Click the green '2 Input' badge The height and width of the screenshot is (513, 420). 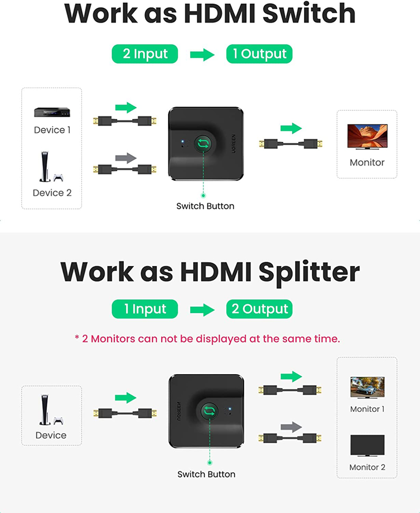coord(145,54)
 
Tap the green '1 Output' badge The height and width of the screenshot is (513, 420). coord(259,54)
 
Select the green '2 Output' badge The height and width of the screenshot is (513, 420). coord(259,309)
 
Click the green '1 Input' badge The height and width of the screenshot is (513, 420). coord(145,309)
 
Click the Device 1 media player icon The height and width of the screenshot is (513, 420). coord(52,112)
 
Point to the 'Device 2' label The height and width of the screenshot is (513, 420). coord(52,193)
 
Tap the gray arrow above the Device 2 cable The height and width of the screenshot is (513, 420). coord(126,158)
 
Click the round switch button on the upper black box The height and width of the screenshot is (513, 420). coord(203,143)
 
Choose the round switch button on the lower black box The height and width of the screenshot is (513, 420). coord(209,411)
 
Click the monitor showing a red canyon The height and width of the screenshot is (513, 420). coord(367,137)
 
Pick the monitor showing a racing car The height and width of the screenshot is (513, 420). coord(367,388)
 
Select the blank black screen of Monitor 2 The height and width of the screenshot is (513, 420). coord(367,445)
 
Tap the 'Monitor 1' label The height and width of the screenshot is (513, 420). coord(367,409)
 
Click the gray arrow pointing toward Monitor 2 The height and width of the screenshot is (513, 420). coord(291,427)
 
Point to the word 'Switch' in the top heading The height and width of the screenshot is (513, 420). coord(309,14)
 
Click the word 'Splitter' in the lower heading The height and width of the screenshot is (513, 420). coord(309,272)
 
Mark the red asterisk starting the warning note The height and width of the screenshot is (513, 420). coord(77,337)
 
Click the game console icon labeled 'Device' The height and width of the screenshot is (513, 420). coord(51,410)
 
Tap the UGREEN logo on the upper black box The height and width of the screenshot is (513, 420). coord(234,143)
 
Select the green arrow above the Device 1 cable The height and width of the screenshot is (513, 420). coord(126,107)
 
